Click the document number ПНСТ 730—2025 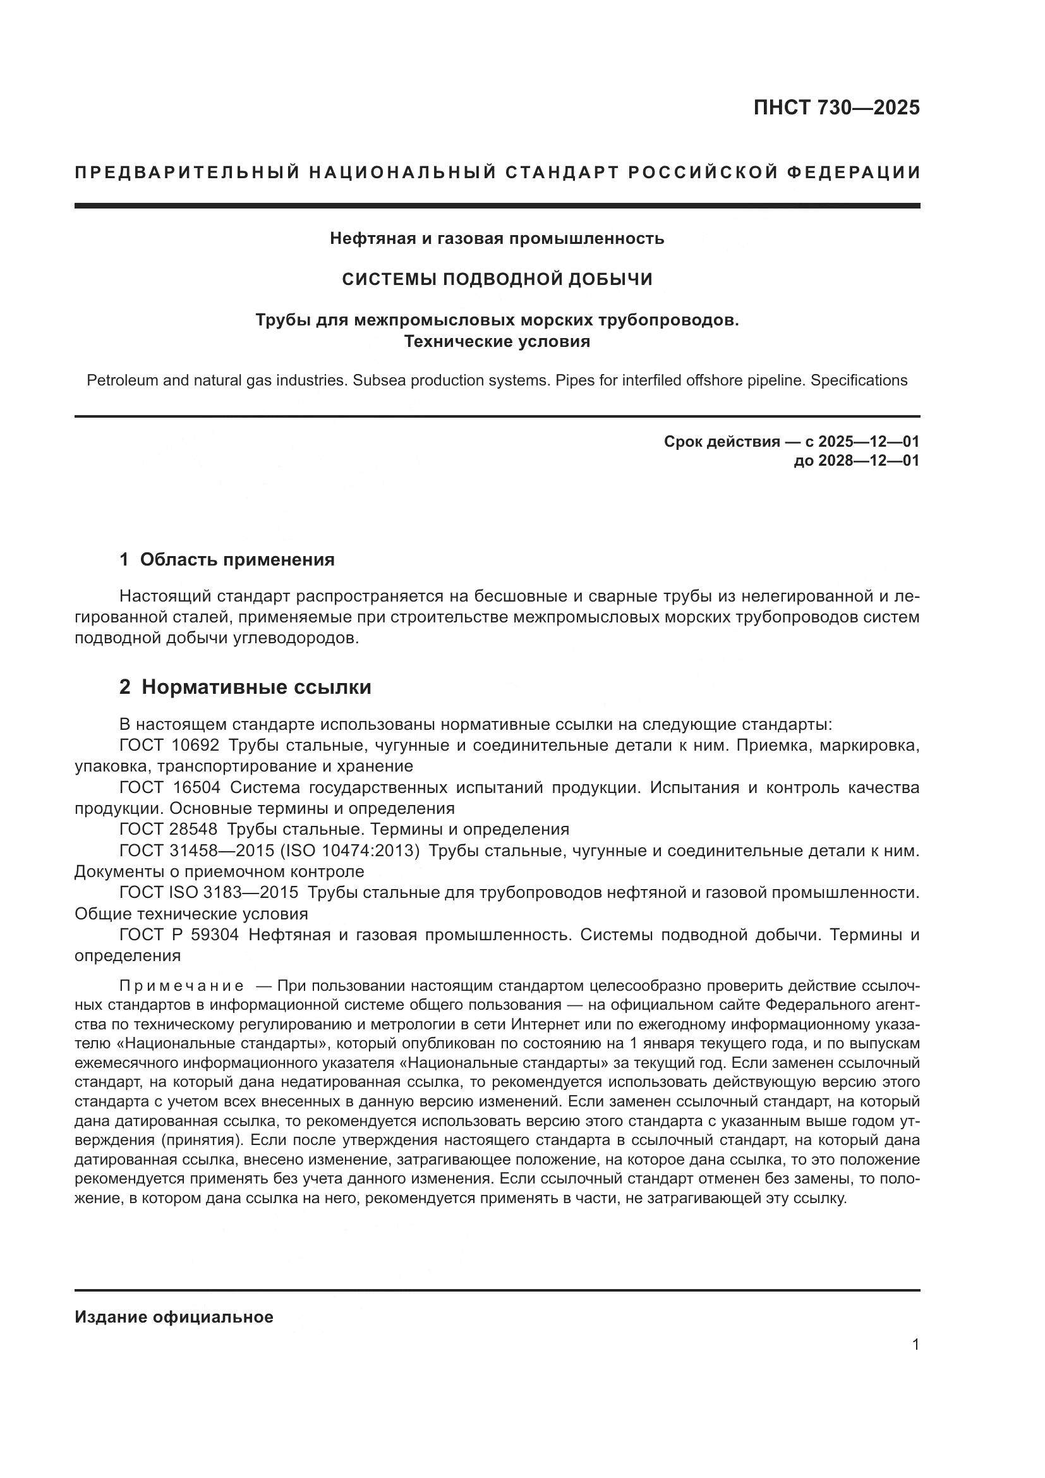pos(837,107)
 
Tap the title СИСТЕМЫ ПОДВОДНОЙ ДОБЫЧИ pos(497,279)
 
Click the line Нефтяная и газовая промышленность pos(497,239)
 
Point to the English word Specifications pos(859,380)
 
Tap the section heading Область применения pos(237,559)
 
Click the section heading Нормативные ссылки pos(256,688)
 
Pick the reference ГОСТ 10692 pos(169,746)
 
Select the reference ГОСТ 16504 pos(170,787)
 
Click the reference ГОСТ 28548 pos(169,829)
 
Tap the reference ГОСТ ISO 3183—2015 pos(208,892)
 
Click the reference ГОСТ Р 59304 pos(179,934)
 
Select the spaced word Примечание pos(181,986)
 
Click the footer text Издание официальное pos(174,1317)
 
